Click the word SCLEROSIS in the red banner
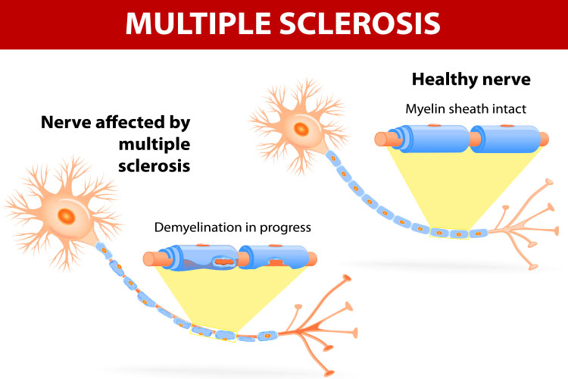click(x=360, y=23)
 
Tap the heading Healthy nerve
click(x=471, y=80)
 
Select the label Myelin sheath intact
click(x=466, y=109)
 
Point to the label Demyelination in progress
click(x=233, y=227)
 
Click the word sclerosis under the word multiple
click(x=154, y=166)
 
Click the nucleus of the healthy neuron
click(x=301, y=129)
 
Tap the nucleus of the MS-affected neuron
click(x=67, y=217)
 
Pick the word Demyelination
click(x=198, y=227)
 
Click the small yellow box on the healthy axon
click(x=449, y=233)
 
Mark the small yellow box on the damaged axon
click(x=214, y=334)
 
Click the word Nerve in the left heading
click(x=67, y=122)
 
